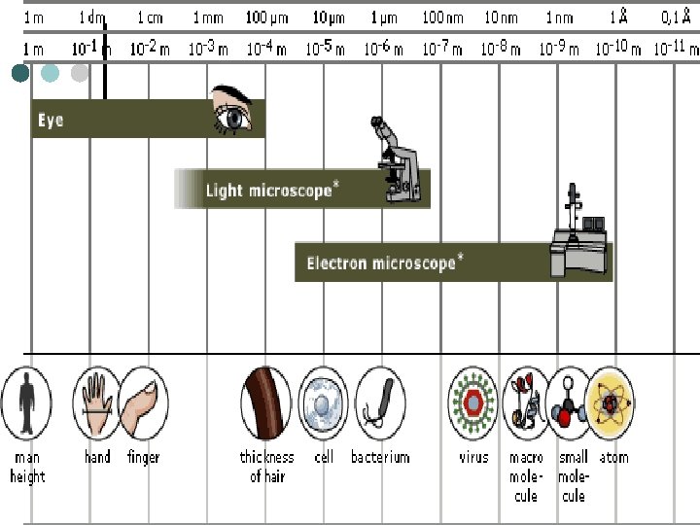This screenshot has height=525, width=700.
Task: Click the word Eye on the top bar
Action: (x=51, y=121)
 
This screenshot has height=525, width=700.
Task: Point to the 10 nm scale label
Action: (x=502, y=17)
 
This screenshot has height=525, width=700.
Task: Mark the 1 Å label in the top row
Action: (x=618, y=17)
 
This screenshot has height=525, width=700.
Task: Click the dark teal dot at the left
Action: (x=21, y=73)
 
